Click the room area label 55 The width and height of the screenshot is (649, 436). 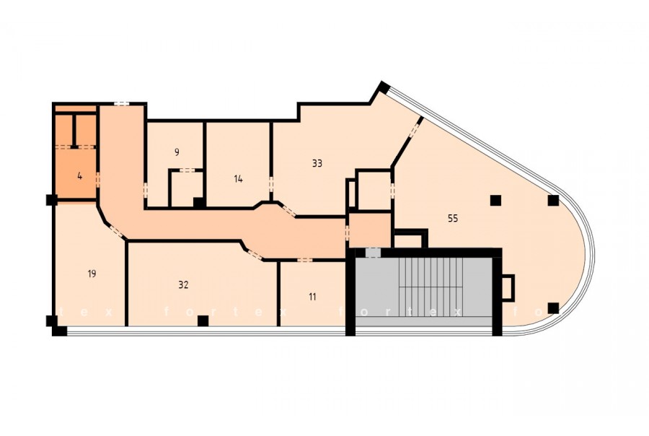[453, 218]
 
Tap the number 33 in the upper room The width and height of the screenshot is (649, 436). [317, 163]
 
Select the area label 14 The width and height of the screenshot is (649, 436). [238, 179]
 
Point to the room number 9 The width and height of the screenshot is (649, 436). [177, 152]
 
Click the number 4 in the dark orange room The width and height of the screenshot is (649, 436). [79, 176]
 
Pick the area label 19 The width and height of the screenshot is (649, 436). [92, 274]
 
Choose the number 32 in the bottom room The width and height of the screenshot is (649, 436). [183, 284]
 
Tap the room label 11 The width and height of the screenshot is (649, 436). [312, 297]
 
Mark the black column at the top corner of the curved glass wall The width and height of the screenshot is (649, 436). [384, 88]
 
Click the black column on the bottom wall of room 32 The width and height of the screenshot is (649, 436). [203, 321]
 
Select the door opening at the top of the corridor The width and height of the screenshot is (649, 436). [121, 104]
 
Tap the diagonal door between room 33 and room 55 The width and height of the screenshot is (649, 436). [415, 130]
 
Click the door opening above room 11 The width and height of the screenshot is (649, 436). [304, 260]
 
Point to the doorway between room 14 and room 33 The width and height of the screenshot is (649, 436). [271, 184]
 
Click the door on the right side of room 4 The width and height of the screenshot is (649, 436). [98, 180]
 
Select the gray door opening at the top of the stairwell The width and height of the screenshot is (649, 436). [373, 253]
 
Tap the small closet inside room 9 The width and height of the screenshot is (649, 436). [187, 188]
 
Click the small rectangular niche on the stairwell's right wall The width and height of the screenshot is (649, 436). [508, 287]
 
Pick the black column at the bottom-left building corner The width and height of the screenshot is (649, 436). [60, 331]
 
